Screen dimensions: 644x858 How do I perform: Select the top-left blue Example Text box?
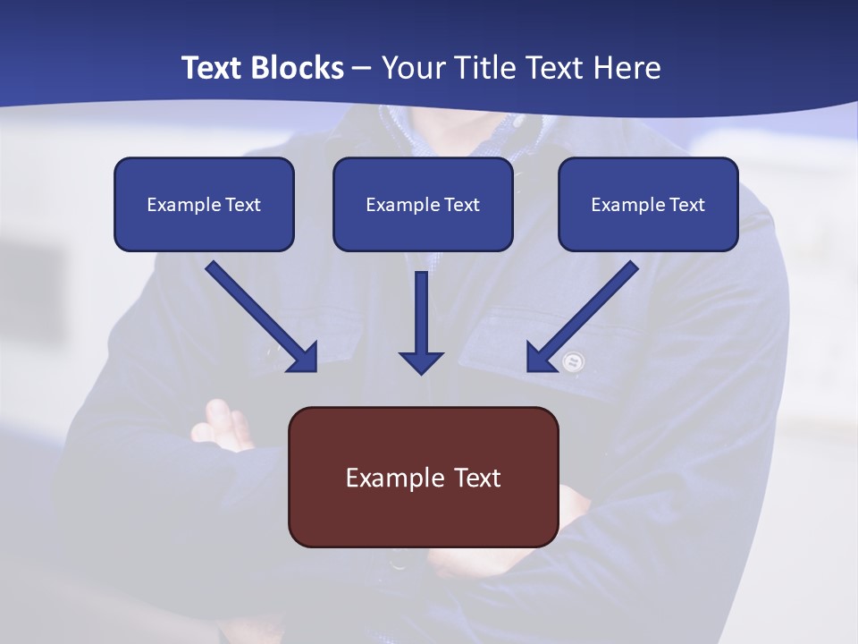(204, 204)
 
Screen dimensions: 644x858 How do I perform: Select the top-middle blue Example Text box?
(423, 204)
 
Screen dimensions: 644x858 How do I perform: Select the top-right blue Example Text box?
(648, 204)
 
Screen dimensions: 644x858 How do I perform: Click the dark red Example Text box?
(423, 477)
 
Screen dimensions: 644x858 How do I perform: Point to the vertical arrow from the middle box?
(421, 318)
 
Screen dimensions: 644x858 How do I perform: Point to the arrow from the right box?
(583, 317)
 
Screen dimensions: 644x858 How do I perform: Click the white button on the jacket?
(573, 361)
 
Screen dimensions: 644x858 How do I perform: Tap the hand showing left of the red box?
(223, 425)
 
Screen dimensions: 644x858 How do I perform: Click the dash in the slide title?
(362, 68)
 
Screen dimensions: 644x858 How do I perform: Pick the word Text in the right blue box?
(687, 205)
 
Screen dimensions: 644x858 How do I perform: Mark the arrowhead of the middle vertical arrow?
(421, 361)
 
